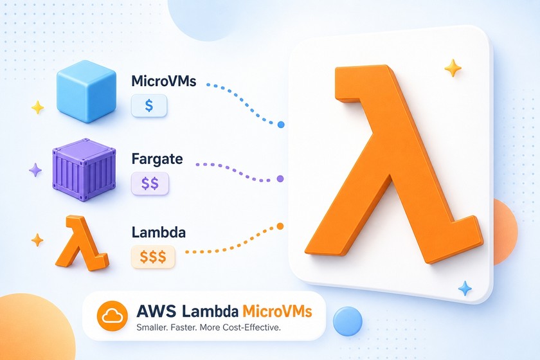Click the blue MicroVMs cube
86,91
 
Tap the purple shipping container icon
84,170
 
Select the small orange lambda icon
82,243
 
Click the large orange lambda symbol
393,164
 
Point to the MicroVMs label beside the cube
164,81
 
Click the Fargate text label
157,159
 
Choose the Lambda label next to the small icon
159,232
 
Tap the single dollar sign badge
149,105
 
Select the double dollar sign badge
150,183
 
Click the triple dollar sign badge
153,256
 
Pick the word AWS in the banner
156,310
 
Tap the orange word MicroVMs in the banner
278,310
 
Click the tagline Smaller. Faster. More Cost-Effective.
209,327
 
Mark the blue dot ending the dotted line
281,125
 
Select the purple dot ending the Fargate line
280,179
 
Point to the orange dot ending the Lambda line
280,226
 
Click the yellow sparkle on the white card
453,68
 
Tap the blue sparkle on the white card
465,289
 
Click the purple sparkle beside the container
35,170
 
